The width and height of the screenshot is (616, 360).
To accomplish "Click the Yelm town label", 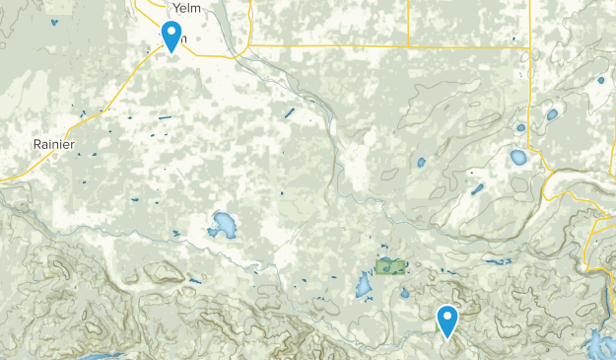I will coord(185,9).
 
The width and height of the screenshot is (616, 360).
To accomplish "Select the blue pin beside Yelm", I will coord(171,36).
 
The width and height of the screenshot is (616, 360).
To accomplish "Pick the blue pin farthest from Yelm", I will coord(447,322).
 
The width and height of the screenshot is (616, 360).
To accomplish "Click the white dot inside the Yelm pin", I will coord(171,32).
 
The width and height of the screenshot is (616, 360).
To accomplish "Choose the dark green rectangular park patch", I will coord(390,266).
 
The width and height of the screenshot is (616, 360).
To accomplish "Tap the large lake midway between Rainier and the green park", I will coord(222,226).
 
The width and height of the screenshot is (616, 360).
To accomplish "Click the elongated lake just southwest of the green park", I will coord(363,287).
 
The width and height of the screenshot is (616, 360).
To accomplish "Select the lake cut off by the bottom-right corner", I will coord(598,346).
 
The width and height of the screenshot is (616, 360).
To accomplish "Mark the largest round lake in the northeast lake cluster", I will coord(518,157).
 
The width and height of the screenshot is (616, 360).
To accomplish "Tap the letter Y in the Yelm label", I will coord(174,9).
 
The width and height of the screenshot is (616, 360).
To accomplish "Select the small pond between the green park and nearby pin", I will coord(405,292).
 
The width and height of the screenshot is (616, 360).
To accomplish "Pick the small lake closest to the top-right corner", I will coord(600,82).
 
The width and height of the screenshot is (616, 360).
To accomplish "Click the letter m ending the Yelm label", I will coord(195,9).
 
